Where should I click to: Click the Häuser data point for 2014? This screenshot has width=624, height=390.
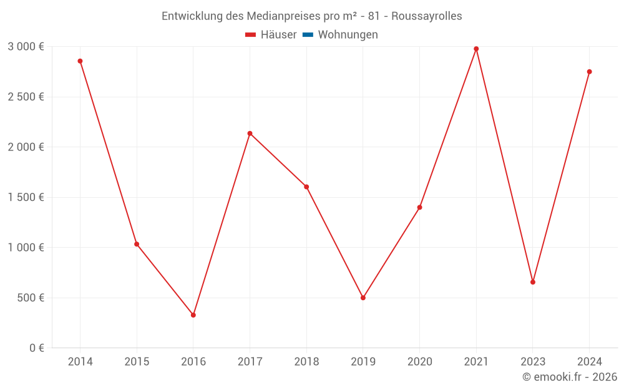pos(80,61)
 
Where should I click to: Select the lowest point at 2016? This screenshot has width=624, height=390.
pos(193,315)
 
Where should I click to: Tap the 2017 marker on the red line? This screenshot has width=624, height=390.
pos(250,134)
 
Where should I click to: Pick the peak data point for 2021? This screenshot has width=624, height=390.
pos(476,49)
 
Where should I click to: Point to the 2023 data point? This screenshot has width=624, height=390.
pos(533,282)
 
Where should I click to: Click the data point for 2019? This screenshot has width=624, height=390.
pos(363,298)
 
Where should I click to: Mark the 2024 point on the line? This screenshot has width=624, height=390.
pos(589,72)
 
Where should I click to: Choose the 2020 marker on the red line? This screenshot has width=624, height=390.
pos(420,207)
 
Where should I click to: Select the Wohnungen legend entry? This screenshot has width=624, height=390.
pos(348,35)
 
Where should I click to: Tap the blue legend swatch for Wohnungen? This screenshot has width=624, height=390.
pos(308,35)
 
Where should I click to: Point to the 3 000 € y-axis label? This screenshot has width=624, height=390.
pos(26,47)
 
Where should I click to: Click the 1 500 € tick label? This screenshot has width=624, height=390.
pos(26,197)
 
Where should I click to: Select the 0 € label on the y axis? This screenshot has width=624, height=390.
pos(36,348)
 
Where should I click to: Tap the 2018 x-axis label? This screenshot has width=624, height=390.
pos(306,361)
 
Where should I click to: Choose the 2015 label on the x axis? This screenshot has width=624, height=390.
pos(137,361)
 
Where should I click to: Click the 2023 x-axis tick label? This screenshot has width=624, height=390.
pos(533,361)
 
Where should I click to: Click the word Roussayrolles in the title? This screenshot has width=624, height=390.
pos(427,16)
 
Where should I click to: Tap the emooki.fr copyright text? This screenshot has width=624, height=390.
pos(570,377)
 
